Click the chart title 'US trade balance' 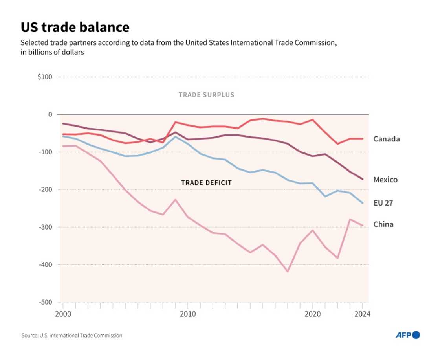pyautogui.click(x=75, y=27)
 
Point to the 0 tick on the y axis pyautogui.click(x=50, y=115)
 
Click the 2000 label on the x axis pyautogui.click(x=62, y=314)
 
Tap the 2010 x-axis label pyautogui.click(x=187, y=314)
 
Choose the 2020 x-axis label pyautogui.click(x=312, y=314)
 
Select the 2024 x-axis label pyautogui.click(x=362, y=314)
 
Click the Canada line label pyautogui.click(x=386, y=139)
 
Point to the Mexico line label pyautogui.click(x=385, y=180)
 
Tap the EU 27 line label pyautogui.click(x=383, y=203)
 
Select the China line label pyautogui.click(x=383, y=224)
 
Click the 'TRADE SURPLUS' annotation pyautogui.click(x=206, y=95)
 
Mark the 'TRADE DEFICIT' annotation pyautogui.click(x=206, y=183)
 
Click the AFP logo pyautogui.click(x=407, y=335)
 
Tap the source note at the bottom pyautogui.click(x=72, y=335)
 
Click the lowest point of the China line pyautogui.click(x=288, y=272)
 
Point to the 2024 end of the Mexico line pyautogui.click(x=362, y=179)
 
